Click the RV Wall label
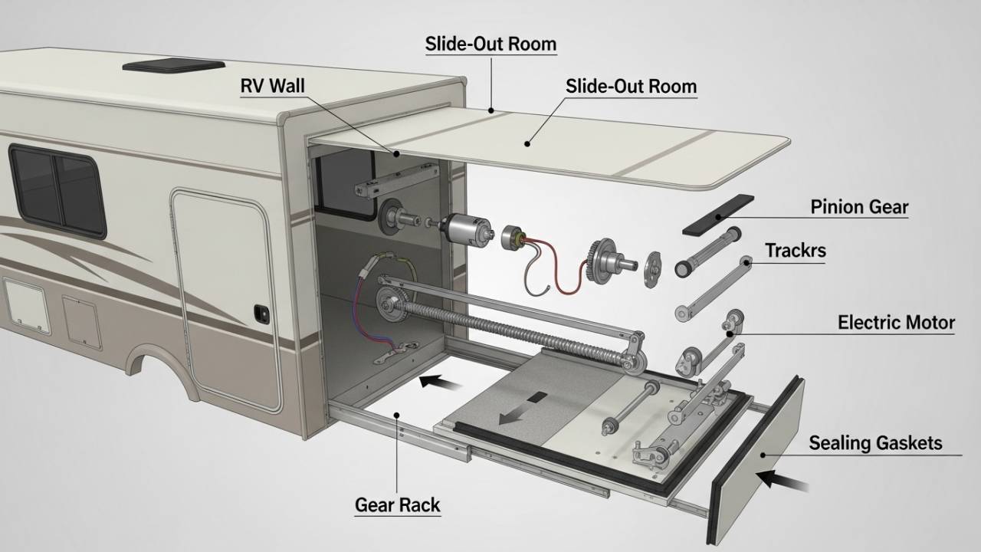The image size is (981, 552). click(272, 85)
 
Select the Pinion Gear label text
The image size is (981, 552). click(859, 207)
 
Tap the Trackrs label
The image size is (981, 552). click(796, 251)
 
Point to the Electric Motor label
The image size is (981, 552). click(896, 322)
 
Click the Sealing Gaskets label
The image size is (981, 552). click(875, 443)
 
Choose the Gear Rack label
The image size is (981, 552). click(397, 504)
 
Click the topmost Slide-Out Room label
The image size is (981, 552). click(490, 44)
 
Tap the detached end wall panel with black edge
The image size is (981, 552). click(759, 452)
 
